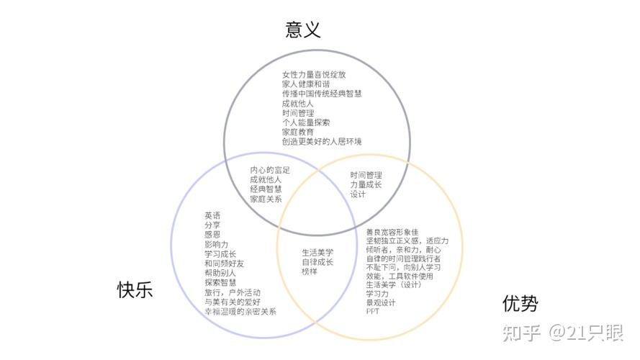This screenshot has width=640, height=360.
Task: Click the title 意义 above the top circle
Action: click(302, 30)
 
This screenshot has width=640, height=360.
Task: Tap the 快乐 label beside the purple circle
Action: click(135, 289)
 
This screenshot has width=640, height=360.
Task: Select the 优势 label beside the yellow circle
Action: click(520, 304)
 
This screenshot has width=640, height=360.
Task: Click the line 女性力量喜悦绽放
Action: click(314, 74)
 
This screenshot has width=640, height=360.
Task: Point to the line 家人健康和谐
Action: click(306, 84)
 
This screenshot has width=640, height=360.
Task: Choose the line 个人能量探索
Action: click(306, 122)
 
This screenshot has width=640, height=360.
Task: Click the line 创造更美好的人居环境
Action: click(322, 142)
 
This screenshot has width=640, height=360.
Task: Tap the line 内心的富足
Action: click(270, 170)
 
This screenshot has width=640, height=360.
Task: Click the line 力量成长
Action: click(366, 184)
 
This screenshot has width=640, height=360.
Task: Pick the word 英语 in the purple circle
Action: click(212, 215)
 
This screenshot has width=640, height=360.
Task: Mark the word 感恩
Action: click(212, 235)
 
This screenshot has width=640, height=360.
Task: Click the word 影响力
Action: click(216, 244)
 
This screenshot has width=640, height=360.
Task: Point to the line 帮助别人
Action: click(220, 273)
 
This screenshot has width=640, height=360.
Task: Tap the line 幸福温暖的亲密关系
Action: click(240, 312)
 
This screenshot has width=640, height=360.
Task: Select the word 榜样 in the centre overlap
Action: click(310, 271)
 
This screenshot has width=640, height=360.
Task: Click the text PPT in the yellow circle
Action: click(372, 312)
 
